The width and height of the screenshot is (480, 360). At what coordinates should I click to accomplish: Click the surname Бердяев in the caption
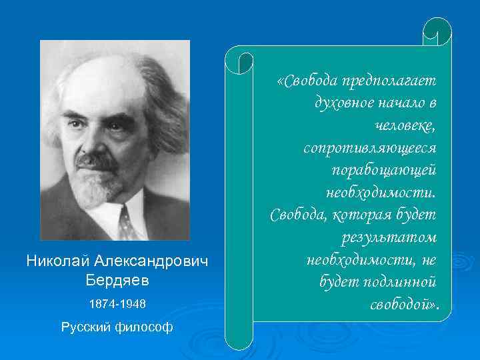coord(117,281)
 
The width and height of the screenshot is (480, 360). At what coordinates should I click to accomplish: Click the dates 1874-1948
coord(117,305)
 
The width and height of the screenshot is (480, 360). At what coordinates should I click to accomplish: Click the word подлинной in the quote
coord(400,282)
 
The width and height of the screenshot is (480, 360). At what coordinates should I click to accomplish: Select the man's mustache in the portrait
coord(97,161)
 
